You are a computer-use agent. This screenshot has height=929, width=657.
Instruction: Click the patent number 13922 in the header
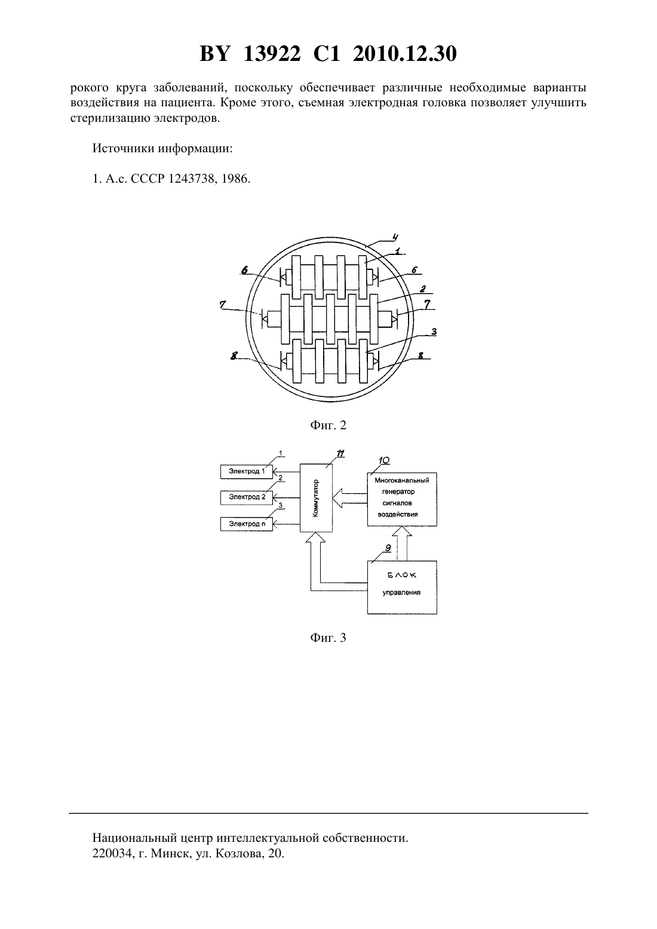[x=272, y=54]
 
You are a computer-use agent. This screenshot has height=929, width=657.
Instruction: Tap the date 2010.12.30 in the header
[x=405, y=54]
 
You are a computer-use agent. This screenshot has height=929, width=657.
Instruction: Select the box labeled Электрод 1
[x=246, y=472]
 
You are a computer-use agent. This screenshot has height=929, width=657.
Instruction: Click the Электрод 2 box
[x=246, y=497]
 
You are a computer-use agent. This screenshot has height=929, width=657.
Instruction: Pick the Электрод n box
[x=246, y=524]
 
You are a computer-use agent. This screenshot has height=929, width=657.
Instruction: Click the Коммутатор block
[x=316, y=498]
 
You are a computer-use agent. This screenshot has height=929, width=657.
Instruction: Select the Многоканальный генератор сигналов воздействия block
[x=402, y=499]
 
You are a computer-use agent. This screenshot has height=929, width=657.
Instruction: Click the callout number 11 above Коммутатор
[x=340, y=453]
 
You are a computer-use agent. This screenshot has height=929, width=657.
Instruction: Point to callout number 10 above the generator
[x=384, y=460]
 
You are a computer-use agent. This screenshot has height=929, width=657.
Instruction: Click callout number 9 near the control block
[x=388, y=548]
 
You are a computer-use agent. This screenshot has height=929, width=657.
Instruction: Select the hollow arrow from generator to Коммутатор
[x=349, y=498]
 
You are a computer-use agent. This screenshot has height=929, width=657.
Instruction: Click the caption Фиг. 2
[x=328, y=425]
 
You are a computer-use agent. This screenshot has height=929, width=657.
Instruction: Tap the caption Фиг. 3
[x=328, y=638]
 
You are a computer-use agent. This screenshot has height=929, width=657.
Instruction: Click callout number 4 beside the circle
[x=395, y=237]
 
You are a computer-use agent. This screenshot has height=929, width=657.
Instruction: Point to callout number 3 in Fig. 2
[x=434, y=331]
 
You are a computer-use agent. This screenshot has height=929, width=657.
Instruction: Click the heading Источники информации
[x=162, y=148]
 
